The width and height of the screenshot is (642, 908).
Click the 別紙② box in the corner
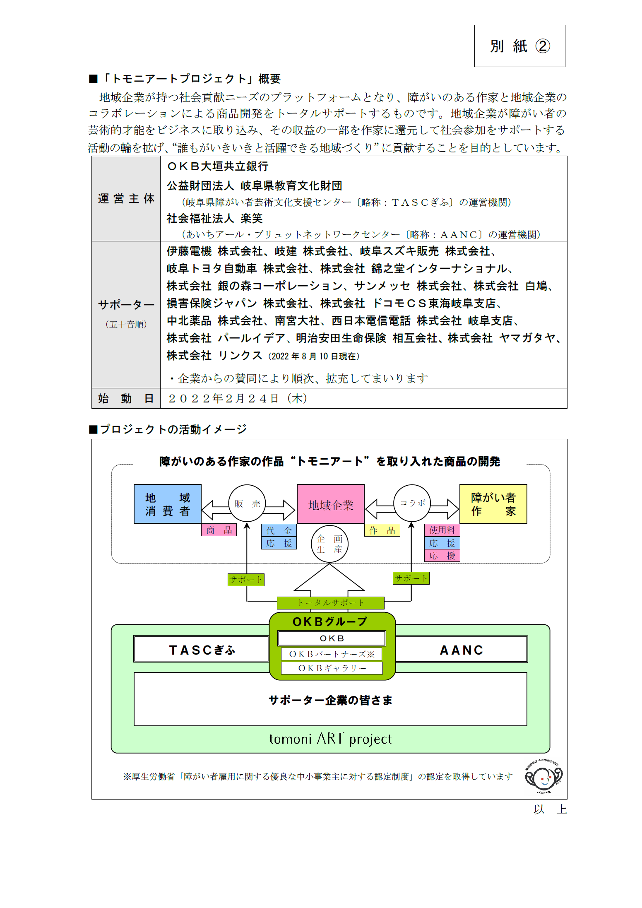coord(519,46)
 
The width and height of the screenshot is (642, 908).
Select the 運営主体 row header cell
coord(126,199)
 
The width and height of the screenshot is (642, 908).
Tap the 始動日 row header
coord(126,398)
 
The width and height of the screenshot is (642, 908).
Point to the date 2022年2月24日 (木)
coord(238,398)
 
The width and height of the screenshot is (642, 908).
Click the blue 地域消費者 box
coord(168,504)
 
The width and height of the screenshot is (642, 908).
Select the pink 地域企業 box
coord(331,504)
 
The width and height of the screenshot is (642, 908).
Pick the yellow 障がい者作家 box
coord(493,504)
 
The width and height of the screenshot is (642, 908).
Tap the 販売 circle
coord(247,503)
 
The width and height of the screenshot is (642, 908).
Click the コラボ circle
coord(412,503)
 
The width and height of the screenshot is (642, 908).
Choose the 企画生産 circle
coord(329,544)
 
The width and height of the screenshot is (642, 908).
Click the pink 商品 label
coord(219,530)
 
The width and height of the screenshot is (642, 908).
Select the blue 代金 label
coord(279,530)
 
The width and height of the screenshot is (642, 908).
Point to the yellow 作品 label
coord(382,530)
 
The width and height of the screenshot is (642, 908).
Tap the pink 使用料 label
coord(442,530)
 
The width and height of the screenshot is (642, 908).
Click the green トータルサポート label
coord(330,603)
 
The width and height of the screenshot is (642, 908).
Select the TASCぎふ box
coord(202,649)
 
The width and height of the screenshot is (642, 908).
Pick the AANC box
coord(462,649)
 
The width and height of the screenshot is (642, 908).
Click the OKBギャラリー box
coord(332,668)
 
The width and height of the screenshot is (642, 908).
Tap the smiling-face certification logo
coord(543,777)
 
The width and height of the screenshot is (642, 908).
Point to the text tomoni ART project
coord(330,739)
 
